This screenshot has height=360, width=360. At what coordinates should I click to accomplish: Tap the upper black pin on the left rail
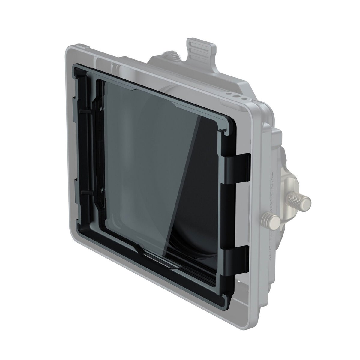[x=85, y=111]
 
